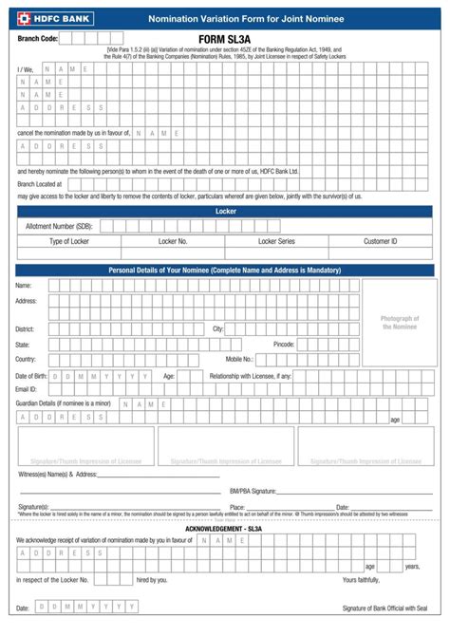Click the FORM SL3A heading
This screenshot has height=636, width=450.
[225, 39]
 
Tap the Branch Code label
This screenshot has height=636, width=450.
[38, 38]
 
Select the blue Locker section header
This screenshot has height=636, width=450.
[225, 211]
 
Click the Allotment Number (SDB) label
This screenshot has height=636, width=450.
[59, 226]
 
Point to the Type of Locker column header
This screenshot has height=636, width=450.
[68, 242]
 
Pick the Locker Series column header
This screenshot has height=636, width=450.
[276, 242]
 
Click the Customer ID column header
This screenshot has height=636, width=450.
[380, 242]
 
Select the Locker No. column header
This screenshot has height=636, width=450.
[173, 242]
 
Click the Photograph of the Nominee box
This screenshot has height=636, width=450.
[399, 322]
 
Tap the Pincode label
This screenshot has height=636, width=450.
[284, 344]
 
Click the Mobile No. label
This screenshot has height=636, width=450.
[239, 359]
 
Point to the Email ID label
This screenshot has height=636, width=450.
[27, 389]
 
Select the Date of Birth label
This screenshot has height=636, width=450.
[30, 376]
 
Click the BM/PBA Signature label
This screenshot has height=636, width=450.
[253, 491]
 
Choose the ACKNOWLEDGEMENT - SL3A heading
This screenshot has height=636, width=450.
[225, 527]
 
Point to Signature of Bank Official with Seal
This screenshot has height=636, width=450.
[384, 608]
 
